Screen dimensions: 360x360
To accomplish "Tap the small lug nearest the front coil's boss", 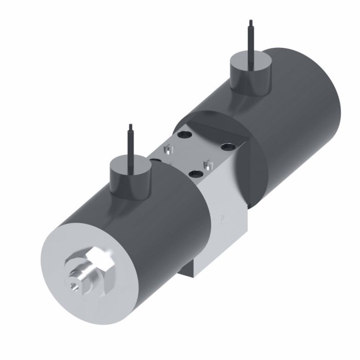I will click(x=165, y=150).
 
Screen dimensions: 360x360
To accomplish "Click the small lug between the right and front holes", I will click(x=207, y=164).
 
